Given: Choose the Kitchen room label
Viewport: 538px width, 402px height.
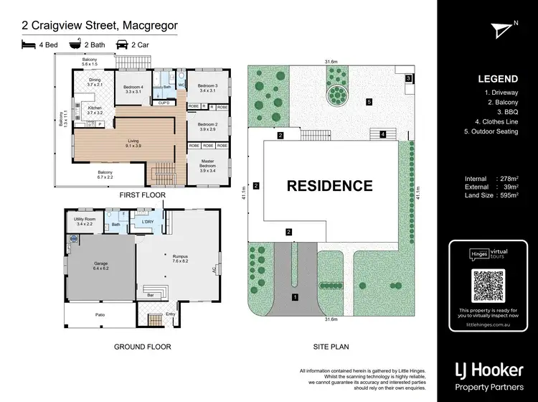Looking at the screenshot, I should coord(95,110).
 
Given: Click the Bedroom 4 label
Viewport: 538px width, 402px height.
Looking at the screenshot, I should coord(134,90).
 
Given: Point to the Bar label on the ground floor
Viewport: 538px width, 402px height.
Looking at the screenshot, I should coord(151,295).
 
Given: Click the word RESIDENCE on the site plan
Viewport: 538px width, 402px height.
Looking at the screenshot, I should coord(330,186).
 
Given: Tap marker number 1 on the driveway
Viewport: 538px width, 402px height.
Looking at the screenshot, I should coord(293,296).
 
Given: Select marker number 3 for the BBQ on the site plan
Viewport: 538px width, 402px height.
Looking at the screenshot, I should coord(408,78).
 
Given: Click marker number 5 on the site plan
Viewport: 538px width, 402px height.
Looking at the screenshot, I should coord(369,102).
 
